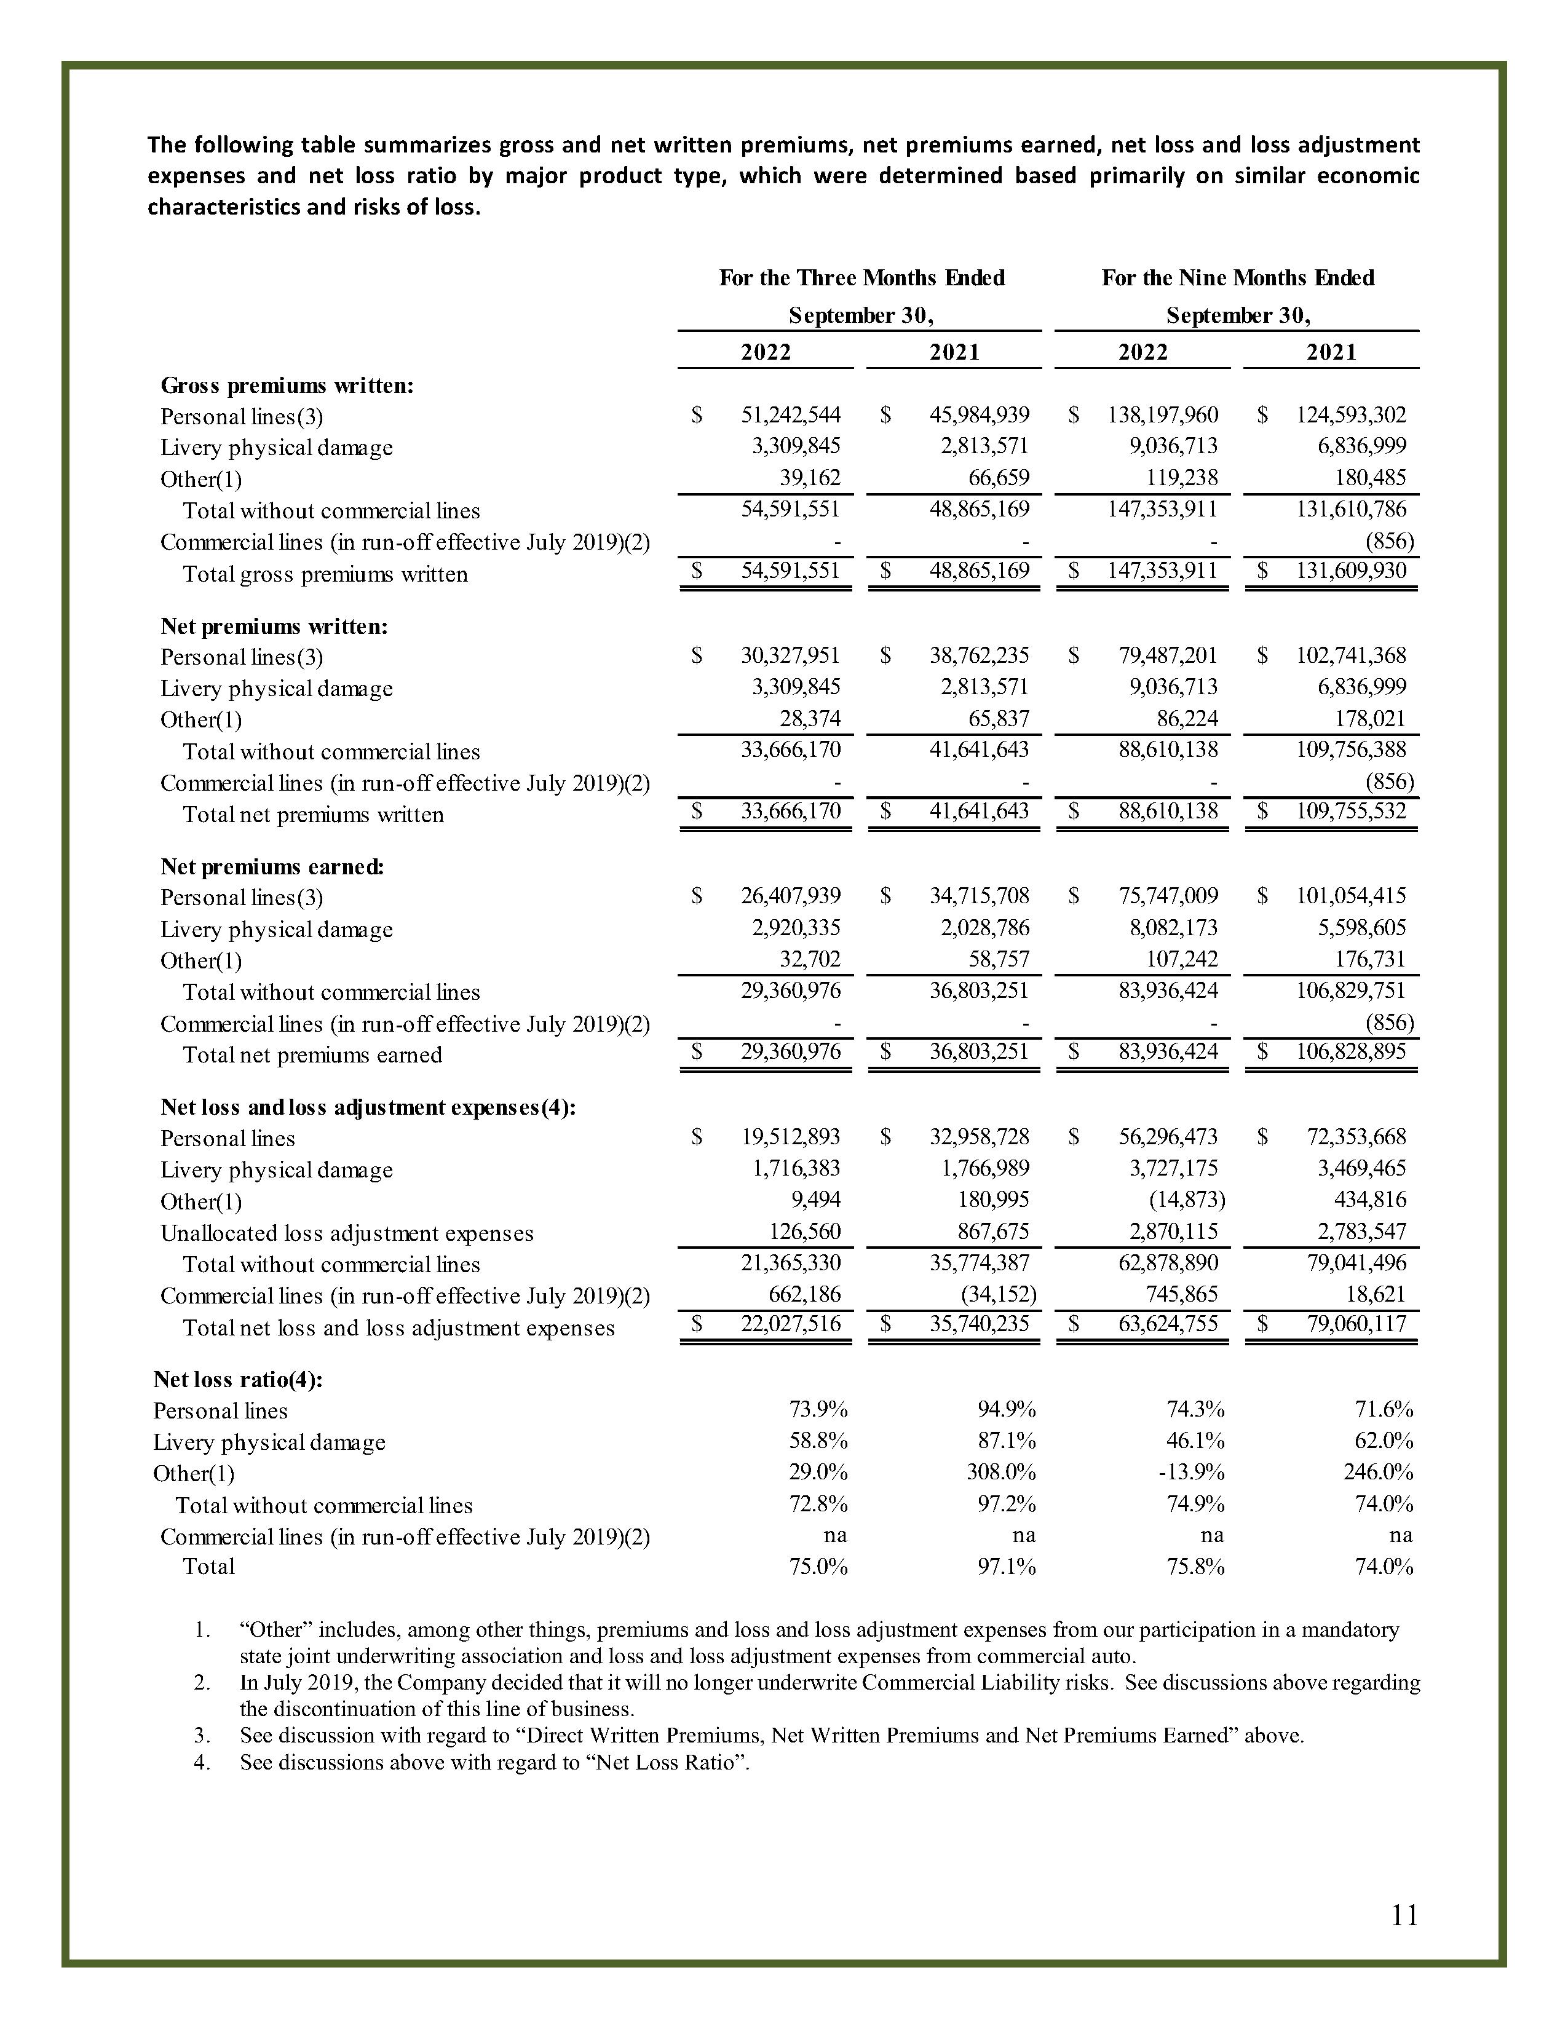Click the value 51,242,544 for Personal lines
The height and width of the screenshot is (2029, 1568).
pyautogui.click(x=790, y=415)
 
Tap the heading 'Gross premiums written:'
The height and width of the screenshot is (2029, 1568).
pyautogui.click(x=287, y=386)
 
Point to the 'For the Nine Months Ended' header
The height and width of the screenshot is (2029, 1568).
pyautogui.click(x=1237, y=278)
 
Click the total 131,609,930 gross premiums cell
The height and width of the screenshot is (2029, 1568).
pyautogui.click(x=1351, y=571)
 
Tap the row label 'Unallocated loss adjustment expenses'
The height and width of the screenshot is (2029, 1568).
pyautogui.click(x=346, y=1234)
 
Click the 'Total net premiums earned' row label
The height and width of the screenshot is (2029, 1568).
pyautogui.click(x=312, y=1055)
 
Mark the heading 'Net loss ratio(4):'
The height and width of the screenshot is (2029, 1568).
pyautogui.click(x=238, y=1380)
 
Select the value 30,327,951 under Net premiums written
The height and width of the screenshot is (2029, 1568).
pyautogui.click(x=790, y=656)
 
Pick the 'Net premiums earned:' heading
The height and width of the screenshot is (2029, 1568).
pyautogui.click(x=272, y=867)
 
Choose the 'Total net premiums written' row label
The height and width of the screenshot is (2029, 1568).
pyautogui.click(x=313, y=815)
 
